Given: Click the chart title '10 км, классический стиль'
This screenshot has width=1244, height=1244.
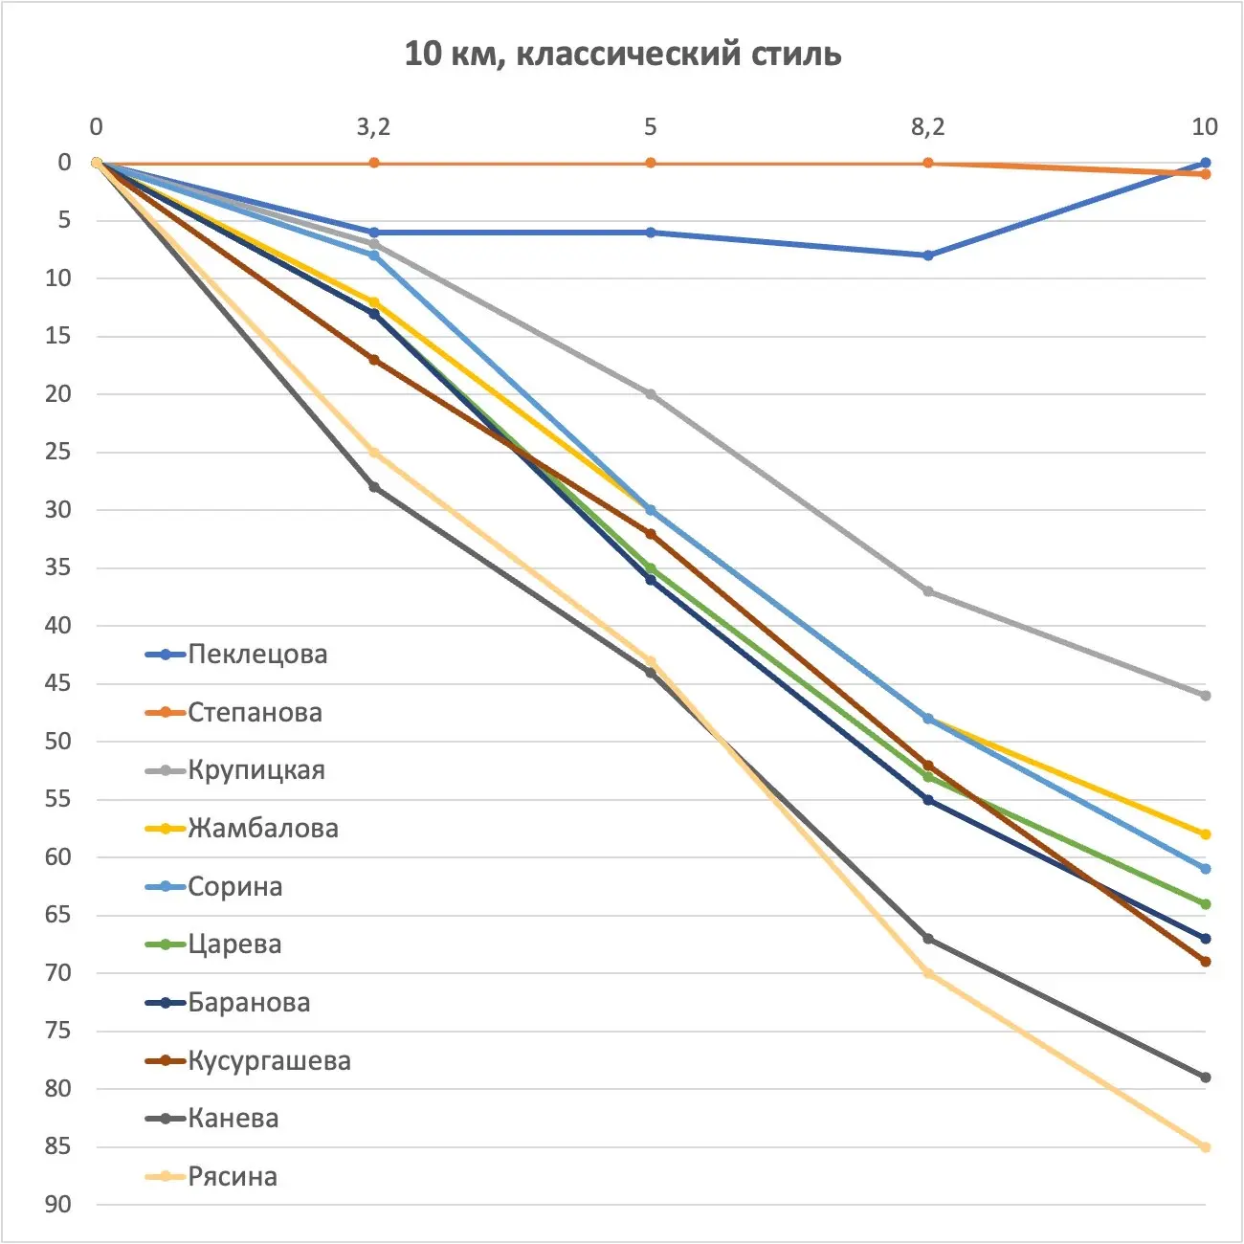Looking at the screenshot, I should [x=622, y=54].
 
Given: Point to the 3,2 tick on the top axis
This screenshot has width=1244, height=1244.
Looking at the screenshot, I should [x=373, y=126].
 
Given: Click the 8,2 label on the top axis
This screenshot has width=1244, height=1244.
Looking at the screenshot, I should [x=927, y=126].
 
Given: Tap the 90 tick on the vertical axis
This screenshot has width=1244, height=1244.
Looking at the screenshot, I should [x=58, y=1205].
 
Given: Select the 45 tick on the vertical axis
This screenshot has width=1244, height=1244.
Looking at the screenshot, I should [x=58, y=683].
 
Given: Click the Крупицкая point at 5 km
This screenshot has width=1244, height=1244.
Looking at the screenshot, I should [x=651, y=394].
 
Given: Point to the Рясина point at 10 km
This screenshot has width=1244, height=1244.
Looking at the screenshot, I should [x=1205, y=1147].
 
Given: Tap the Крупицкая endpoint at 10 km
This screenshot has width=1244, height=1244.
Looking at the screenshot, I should [x=1205, y=696].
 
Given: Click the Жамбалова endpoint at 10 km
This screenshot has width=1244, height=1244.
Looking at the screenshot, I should [x=1205, y=834].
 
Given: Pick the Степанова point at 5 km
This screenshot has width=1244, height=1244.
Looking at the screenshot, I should [x=651, y=163].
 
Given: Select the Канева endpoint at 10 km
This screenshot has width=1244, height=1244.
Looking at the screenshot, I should [x=1205, y=1077].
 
